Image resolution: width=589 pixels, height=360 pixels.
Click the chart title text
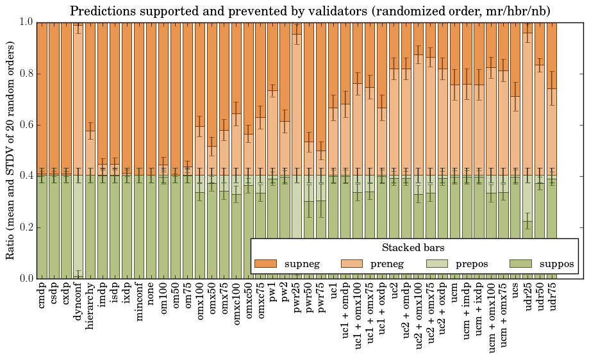(x=310, y=11)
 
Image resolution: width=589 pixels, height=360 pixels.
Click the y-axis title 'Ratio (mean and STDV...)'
(x=11, y=150)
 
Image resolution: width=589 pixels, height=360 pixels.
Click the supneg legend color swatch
(x=265, y=264)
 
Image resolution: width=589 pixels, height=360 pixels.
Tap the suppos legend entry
(x=541, y=264)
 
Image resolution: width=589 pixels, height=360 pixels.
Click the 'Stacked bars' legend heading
(x=413, y=248)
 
